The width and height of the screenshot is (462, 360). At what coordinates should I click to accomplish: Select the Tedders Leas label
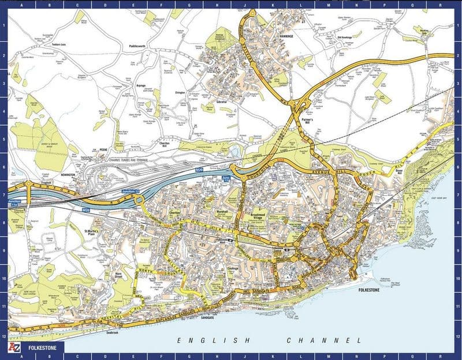(x=59, y=44)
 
